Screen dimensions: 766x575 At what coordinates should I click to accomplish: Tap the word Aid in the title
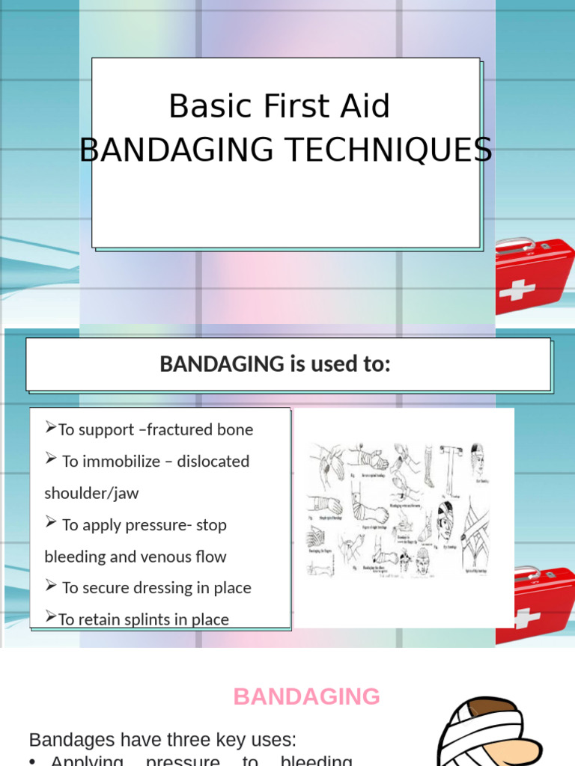365,107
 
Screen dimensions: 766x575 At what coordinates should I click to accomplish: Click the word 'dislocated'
213,462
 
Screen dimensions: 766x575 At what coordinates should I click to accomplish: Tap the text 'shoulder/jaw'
91,493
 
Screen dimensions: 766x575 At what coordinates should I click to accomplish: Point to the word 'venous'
160,557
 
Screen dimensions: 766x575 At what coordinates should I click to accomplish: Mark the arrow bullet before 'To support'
51,428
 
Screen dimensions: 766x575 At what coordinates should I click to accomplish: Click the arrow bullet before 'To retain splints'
51,618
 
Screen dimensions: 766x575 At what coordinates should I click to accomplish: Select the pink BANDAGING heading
307,696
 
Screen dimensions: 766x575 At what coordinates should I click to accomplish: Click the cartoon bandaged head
487,733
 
